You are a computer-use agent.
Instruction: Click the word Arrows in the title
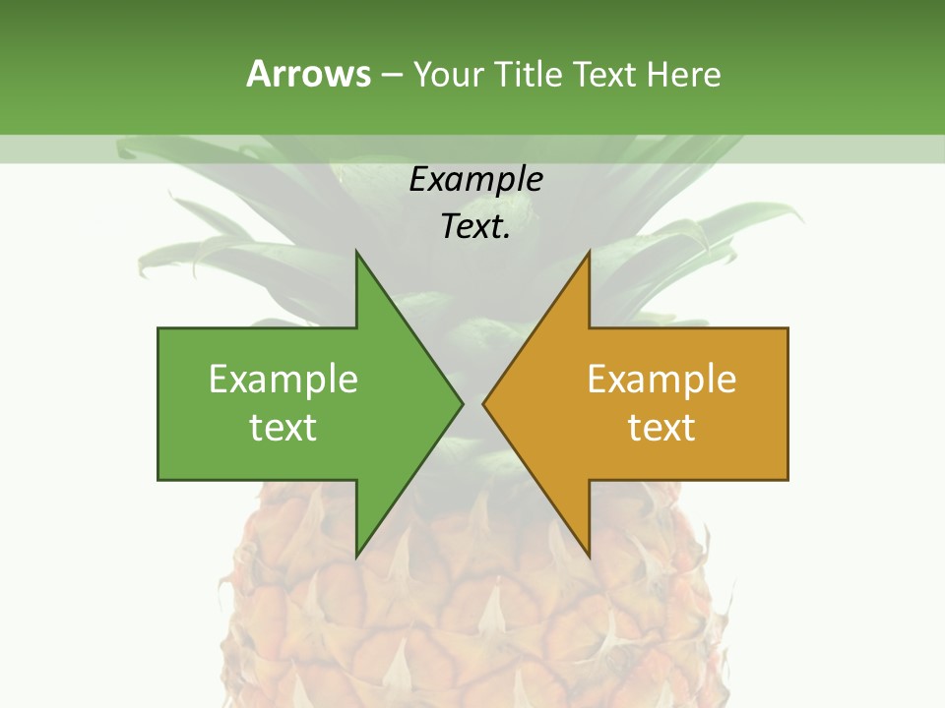[308, 74]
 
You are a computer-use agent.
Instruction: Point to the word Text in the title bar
[605, 74]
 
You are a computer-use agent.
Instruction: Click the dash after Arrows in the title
[391, 75]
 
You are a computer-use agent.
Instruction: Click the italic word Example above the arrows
[475, 180]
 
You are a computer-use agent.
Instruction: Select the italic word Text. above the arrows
[475, 227]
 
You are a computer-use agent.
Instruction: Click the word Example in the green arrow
[283, 380]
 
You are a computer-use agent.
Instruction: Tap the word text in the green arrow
[283, 428]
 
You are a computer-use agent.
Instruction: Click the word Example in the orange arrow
[661, 380]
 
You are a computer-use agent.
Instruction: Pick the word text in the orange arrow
[661, 428]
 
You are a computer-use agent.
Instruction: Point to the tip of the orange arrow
[484, 403]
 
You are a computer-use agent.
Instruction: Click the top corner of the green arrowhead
[356, 253]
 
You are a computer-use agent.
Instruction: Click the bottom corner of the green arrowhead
[356, 557]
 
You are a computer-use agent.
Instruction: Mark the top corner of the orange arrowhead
[589, 253]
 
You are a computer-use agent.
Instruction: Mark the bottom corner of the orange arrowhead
[589, 557]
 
